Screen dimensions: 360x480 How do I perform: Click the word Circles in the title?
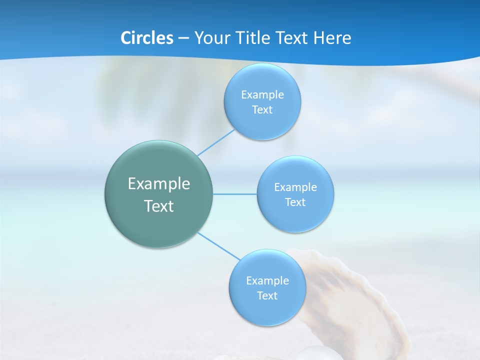(146, 38)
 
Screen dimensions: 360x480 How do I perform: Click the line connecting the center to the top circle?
(216, 142)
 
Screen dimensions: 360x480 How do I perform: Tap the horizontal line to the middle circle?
(235, 194)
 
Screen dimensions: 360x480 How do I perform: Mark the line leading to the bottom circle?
(218, 245)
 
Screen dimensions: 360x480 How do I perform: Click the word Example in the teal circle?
(159, 184)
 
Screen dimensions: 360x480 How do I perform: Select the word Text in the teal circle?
(159, 206)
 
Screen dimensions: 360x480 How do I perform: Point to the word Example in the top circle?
(262, 94)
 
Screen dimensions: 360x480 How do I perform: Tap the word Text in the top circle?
(262, 110)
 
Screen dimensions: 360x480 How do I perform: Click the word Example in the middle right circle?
(295, 187)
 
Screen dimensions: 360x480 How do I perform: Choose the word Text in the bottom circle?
(267, 295)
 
